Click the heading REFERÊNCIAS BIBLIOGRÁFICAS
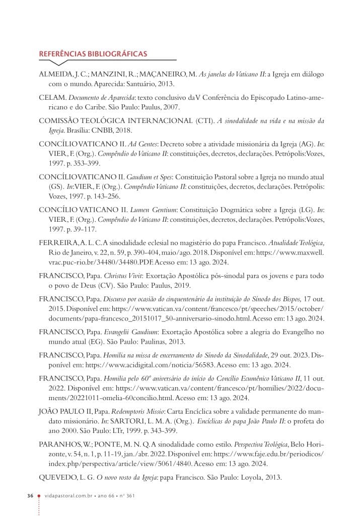(x=93, y=53)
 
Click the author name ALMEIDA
(x=55, y=74)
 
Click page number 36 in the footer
(x=30, y=496)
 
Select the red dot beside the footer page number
(x=39, y=496)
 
